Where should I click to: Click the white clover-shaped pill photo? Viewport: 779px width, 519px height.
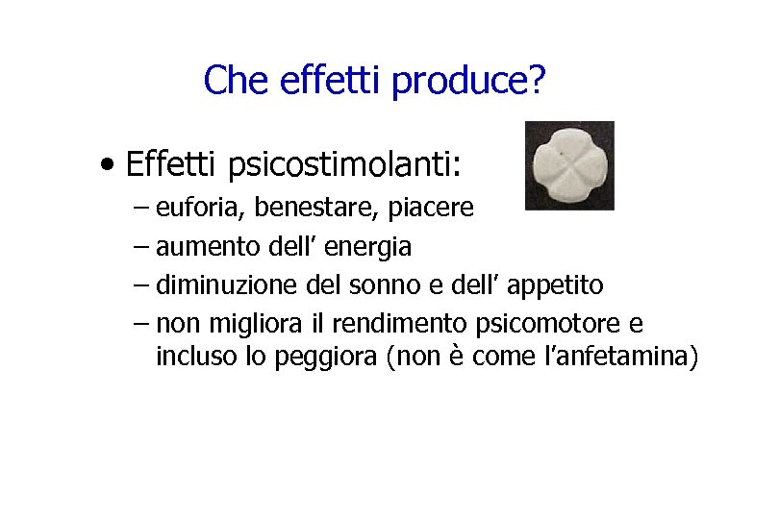point(569,165)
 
